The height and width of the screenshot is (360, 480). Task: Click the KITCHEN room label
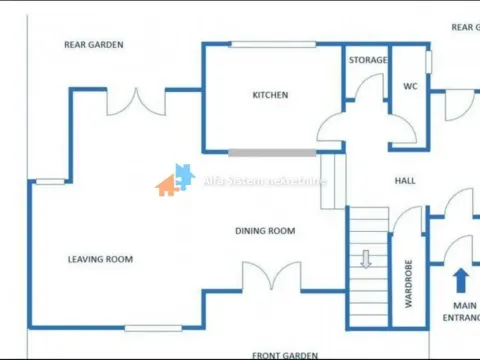(270, 95)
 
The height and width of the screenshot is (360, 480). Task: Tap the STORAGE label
(368, 60)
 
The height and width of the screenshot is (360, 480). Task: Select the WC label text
(410, 86)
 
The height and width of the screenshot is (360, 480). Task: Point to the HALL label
(404, 181)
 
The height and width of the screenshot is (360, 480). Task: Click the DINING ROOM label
(265, 231)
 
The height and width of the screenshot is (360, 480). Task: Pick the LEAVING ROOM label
(100, 260)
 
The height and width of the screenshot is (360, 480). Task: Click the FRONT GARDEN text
(285, 354)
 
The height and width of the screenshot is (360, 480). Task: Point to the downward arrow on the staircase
(366, 259)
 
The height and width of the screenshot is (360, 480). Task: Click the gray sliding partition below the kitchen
(271, 153)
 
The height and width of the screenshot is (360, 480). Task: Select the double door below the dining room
(271, 277)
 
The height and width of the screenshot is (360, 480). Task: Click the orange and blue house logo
(174, 180)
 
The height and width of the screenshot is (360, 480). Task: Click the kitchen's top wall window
(271, 44)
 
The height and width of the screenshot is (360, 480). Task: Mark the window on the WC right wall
(428, 62)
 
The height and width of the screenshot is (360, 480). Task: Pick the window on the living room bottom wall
(153, 327)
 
